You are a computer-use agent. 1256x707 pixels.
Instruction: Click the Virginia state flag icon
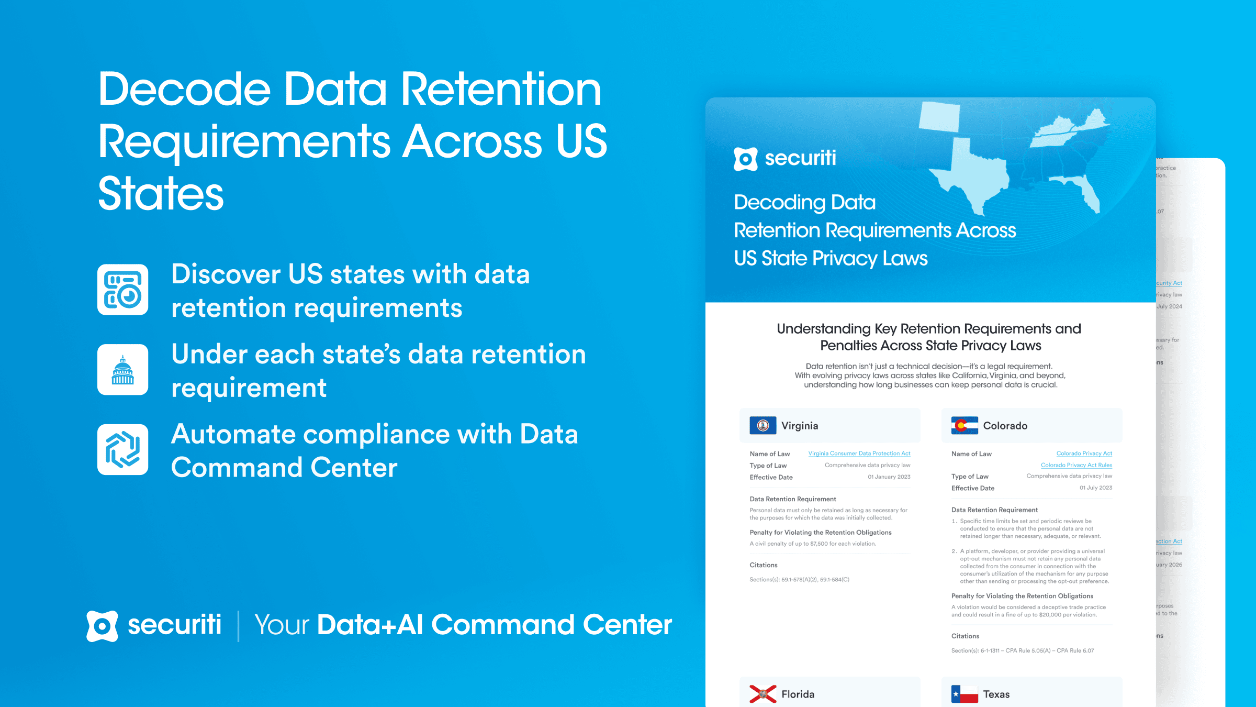tap(762, 425)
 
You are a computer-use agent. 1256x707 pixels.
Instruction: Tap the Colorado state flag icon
tap(964, 425)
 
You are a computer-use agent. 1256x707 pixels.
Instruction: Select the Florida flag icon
tap(762, 694)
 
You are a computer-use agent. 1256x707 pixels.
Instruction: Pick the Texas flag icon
tap(964, 694)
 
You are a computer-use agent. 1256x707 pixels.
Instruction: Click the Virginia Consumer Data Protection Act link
tap(859, 454)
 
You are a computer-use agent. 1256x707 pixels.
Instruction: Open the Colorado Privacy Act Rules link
tap(1076, 465)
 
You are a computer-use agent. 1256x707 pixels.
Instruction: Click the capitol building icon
tap(122, 370)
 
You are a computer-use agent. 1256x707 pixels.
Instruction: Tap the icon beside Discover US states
tap(122, 290)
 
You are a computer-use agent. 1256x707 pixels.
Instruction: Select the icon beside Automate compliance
tap(122, 449)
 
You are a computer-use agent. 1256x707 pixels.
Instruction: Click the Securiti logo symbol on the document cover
tap(745, 159)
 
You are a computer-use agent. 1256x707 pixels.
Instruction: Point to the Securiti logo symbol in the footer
tap(102, 626)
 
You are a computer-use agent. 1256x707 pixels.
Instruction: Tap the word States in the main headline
tap(161, 194)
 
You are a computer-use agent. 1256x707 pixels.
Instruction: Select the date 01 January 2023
tap(889, 477)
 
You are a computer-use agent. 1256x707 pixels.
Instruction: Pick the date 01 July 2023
tap(1095, 488)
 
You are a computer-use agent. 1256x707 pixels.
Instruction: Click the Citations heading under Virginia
tap(763, 565)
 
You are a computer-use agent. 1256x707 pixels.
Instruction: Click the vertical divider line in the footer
tap(239, 626)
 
